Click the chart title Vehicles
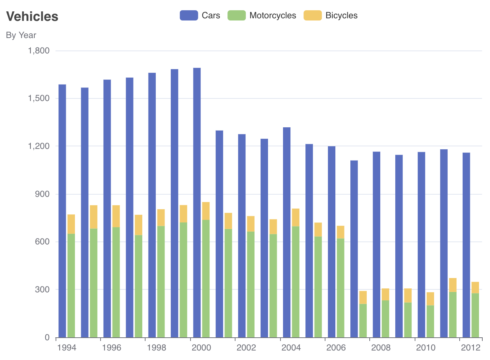(x=32, y=16)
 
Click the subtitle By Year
(x=21, y=35)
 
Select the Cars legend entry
(x=200, y=15)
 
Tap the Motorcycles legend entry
(x=262, y=15)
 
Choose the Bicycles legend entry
(x=331, y=15)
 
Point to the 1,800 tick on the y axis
(x=39, y=50)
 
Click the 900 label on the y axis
(x=42, y=194)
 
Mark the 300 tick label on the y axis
(x=42, y=289)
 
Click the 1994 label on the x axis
(x=67, y=348)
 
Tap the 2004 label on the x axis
(x=291, y=348)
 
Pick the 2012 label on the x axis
(x=471, y=348)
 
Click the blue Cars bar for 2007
(x=354, y=249)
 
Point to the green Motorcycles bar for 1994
(x=71, y=285)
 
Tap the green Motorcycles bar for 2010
(x=430, y=321)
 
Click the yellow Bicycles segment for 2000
(x=206, y=211)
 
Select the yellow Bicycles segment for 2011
(x=453, y=285)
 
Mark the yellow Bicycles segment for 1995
(x=94, y=217)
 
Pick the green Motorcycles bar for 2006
(x=340, y=288)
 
